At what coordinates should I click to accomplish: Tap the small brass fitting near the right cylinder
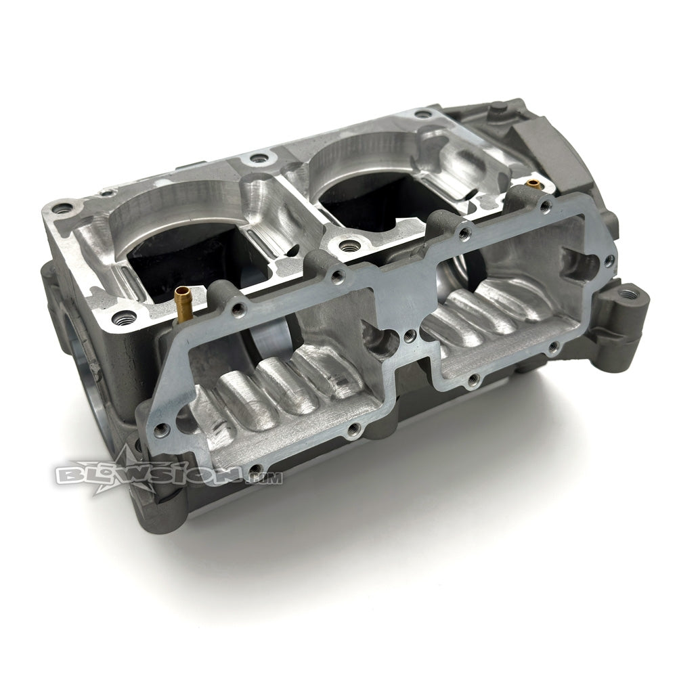coord(533,183)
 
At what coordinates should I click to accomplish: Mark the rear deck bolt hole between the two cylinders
coord(257,160)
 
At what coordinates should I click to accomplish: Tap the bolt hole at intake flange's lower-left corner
coord(161,428)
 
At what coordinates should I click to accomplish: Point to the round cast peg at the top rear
coord(497,106)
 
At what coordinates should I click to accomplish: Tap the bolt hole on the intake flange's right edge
coord(609,260)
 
